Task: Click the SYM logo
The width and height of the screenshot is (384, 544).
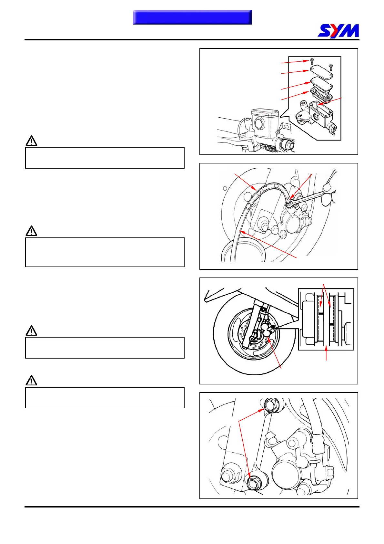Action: pyautogui.click(x=338, y=31)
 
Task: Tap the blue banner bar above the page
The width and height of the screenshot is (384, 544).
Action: pyautogui.click(x=192, y=17)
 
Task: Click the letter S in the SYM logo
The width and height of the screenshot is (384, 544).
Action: pyautogui.click(x=325, y=31)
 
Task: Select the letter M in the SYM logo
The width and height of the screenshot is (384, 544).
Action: pyautogui.click(x=351, y=31)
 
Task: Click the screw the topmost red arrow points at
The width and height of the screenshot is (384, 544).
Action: pyautogui.click(x=311, y=61)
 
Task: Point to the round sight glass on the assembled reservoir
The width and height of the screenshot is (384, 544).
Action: pyautogui.click(x=259, y=123)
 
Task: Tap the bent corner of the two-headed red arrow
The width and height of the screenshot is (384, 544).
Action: pyautogui.click(x=239, y=421)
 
